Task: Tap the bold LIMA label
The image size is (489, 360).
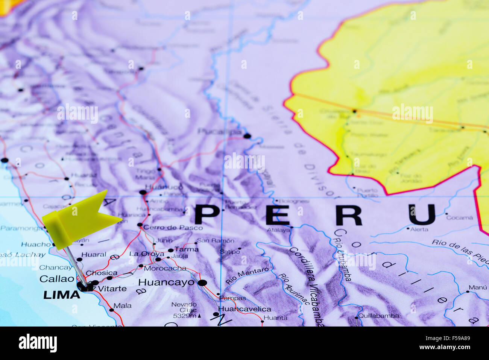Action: [62, 295]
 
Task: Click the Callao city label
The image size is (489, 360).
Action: [57, 279]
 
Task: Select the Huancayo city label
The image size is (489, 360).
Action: [166, 282]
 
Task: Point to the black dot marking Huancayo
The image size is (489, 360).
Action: [202, 283]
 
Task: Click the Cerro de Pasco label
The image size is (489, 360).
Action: [173, 228]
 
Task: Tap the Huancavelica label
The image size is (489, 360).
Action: [244, 309]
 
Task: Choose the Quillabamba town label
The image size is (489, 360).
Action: [378, 316]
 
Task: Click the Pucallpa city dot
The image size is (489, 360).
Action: [247, 136]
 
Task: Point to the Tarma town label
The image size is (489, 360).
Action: [186, 249]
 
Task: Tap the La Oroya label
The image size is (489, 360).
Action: [147, 254]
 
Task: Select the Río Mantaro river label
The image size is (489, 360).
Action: [247, 276]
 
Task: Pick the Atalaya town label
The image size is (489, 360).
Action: [278, 230]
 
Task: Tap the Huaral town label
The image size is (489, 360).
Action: [94, 255]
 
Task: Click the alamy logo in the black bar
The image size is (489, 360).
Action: [38, 343]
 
